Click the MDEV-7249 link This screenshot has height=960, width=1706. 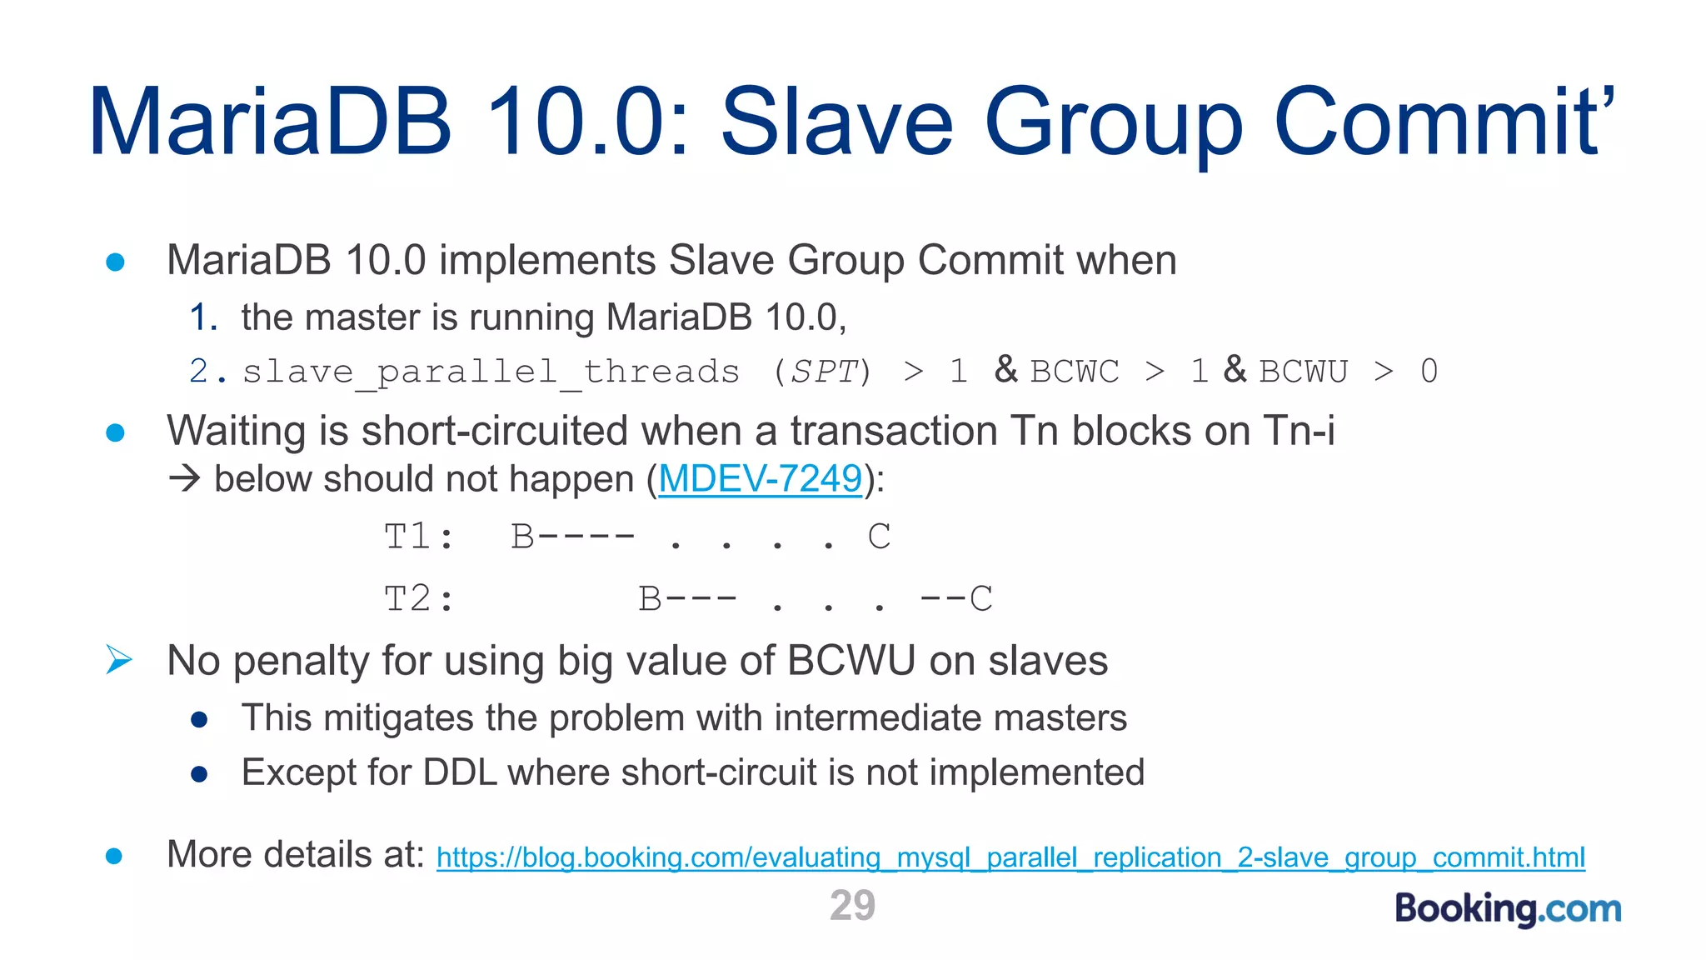click(760, 479)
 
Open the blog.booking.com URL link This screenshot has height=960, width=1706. click(1010, 857)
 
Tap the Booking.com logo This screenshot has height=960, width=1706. click(1508, 908)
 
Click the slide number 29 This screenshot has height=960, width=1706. click(852, 906)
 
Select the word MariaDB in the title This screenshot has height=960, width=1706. click(271, 122)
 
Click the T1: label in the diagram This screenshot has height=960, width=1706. click(419, 537)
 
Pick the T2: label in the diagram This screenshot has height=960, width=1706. click(419, 599)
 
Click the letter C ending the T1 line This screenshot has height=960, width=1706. click(879, 537)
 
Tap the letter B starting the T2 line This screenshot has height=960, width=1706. click(650, 599)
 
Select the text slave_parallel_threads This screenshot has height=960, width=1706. click(491, 372)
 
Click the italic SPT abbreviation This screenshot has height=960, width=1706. click(824, 372)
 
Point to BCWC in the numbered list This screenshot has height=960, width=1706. click(1075, 372)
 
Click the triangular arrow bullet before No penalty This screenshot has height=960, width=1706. click(119, 660)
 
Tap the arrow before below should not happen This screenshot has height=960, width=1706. click(184, 478)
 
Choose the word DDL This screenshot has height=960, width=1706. click(460, 772)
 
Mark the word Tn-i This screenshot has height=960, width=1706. click(1299, 432)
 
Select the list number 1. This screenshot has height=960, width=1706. click(202, 317)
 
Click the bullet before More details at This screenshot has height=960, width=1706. click(115, 856)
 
